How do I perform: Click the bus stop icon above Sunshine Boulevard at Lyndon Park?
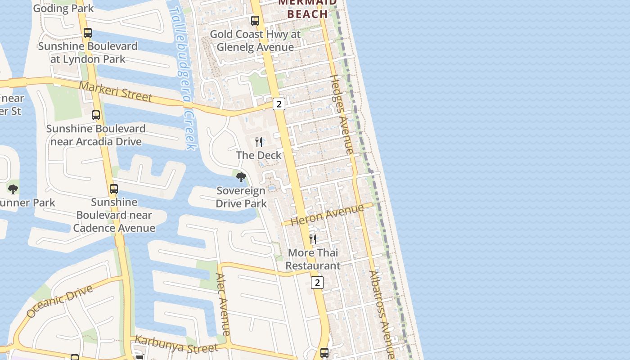tap(88, 33)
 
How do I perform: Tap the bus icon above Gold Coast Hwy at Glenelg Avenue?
tap(255, 21)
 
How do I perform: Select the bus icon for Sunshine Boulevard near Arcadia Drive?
tap(96, 115)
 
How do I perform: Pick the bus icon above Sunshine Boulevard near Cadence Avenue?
tap(114, 189)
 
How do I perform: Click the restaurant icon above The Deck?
tap(259, 142)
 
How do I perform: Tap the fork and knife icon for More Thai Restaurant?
tap(313, 239)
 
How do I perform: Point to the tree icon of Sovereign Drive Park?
tap(241, 177)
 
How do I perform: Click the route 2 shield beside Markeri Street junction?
tap(279, 104)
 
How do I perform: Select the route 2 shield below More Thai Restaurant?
tap(317, 283)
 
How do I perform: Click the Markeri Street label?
tap(116, 91)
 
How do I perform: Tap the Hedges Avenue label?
tap(342, 114)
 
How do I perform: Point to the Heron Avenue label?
tap(327, 215)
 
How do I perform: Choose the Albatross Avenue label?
tap(382, 313)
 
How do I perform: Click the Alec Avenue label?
tap(223, 304)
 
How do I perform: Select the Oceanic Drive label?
tap(59, 301)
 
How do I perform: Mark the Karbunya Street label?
tap(176, 344)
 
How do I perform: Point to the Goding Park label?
tap(63, 8)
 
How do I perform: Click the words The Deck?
tap(259, 155)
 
